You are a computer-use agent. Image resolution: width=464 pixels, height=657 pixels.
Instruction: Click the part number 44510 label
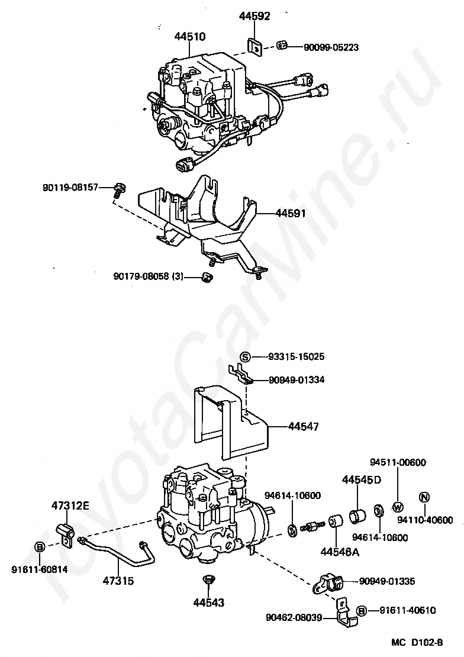tap(190, 37)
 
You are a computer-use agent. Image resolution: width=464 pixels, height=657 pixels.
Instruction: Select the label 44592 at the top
tap(254, 16)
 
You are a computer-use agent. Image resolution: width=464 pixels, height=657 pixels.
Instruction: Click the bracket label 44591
tap(291, 213)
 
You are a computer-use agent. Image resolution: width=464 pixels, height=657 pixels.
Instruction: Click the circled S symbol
tap(246, 357)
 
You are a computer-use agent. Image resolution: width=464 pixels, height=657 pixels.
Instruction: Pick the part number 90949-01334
tap(297, 380)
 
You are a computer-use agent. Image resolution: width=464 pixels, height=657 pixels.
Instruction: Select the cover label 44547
tap(304, 426)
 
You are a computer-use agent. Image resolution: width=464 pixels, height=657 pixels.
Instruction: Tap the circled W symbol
tap(397, 507)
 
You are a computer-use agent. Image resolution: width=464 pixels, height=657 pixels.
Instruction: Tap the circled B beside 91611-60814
tap(40, 547)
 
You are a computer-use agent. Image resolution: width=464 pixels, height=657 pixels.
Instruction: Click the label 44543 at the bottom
tap(208, 603)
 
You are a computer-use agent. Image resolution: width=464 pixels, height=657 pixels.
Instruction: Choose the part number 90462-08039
tap(294, 618)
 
